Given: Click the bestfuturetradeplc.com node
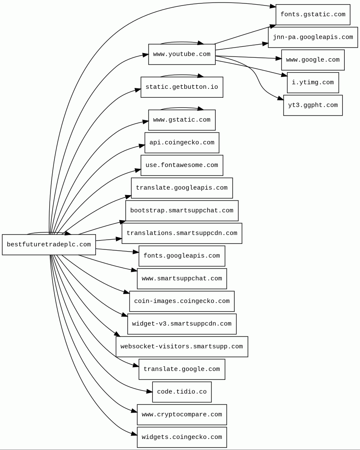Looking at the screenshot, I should pos(49,245).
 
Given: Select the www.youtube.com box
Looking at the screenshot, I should pos(182,54).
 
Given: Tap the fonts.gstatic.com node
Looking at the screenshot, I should pos(313,15).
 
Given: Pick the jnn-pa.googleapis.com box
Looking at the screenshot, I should pos(313,37).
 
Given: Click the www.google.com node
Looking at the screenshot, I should pos(313,60).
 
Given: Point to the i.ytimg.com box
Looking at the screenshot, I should pos(313,82).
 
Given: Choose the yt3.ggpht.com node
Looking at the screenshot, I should pos(313,105).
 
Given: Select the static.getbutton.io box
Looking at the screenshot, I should pos(182,87).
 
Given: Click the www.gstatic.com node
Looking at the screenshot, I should pos(182,120).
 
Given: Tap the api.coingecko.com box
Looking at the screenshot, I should pos(182,143).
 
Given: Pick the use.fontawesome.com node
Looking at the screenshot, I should pos(182,165).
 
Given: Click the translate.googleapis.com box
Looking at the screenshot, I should pos(182,188).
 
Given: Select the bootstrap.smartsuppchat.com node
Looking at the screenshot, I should pos(182,211).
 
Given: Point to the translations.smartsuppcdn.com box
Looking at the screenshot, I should pos(182,233).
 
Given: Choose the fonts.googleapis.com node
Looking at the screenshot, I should pos(182,256).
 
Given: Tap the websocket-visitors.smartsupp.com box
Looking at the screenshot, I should pos(182,347).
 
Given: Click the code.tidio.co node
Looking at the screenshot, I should pos(182,392).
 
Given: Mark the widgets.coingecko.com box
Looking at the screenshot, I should pos(182,437).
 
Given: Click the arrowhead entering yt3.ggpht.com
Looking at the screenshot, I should pos(281,99).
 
